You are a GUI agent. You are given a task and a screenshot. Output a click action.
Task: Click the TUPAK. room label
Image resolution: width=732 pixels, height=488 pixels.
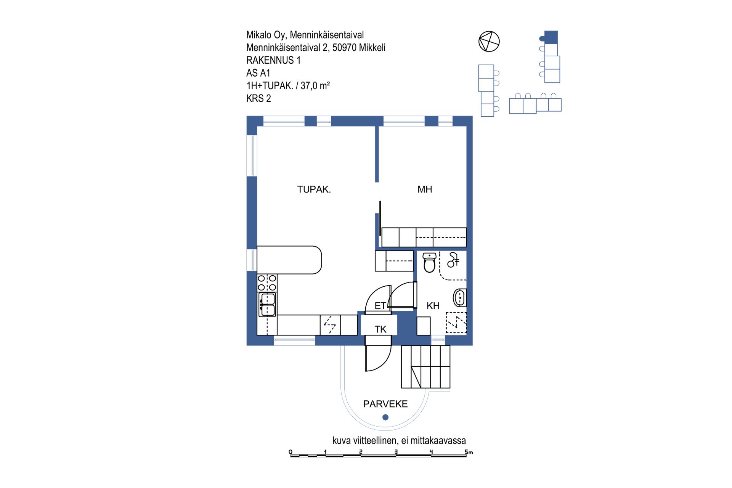point(314,189)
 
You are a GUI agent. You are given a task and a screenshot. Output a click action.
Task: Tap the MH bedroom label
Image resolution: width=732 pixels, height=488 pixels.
point(425,189)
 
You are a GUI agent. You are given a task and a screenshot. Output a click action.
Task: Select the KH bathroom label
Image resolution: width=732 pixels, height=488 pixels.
point(433,306)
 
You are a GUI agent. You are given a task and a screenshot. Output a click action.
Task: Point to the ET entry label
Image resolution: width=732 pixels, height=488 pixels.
point(380,306)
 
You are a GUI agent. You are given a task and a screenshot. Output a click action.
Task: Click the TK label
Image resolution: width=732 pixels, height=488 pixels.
point(380,329)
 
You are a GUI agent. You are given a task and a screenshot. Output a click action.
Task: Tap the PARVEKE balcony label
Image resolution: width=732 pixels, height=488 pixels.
point(385,404)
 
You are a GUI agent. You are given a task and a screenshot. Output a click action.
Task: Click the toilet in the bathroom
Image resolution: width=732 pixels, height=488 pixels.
point(430,263)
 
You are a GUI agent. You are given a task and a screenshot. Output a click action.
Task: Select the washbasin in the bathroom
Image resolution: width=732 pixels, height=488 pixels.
point(460,298)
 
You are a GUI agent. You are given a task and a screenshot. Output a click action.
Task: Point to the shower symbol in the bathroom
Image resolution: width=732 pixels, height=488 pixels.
point(453,260)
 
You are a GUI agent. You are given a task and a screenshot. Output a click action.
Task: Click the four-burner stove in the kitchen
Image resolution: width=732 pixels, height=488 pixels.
point(267,283)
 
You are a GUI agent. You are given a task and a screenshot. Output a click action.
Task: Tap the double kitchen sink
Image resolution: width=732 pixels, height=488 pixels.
point(267,305)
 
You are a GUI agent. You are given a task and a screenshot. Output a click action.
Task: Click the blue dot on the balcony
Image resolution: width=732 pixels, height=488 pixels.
point(385,417)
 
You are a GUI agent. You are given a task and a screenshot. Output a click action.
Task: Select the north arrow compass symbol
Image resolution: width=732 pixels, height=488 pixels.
point(489,42)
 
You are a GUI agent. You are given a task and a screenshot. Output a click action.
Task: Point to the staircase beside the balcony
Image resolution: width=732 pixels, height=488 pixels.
point(425,367)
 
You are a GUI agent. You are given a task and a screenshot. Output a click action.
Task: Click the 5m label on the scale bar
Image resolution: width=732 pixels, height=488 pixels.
point(469,452)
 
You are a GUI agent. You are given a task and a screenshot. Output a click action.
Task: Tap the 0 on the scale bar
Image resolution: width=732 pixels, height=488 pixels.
point(291,452)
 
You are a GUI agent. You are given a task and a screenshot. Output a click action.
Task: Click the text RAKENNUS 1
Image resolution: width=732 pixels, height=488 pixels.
point(273,60)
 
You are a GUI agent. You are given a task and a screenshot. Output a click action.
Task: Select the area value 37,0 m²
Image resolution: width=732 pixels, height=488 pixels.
point(315,85)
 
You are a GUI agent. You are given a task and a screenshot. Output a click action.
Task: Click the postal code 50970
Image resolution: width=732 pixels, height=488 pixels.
point(344,48)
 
